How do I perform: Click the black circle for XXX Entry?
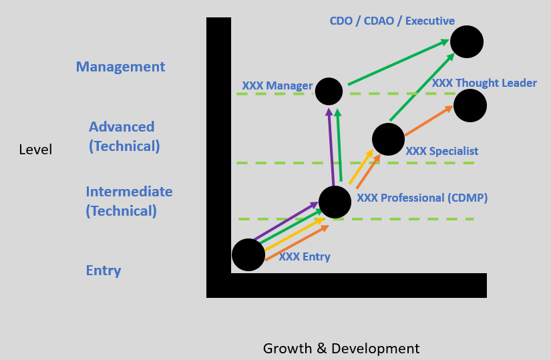click(248, 254)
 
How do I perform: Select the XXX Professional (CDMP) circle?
click(335, 202)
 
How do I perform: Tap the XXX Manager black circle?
click(329, 92)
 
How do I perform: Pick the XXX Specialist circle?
click(388, 139)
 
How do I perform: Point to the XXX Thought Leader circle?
click(470, 106)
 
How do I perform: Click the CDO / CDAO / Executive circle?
click(467, 42)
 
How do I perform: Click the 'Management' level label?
click(120, 67)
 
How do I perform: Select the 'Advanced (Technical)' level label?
click(124, 136)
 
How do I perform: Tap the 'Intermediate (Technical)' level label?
click(129, 201)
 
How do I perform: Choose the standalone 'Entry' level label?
click(104, 271)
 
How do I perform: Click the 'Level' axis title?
click(35, 150)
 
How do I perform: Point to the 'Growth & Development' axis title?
click(341, 348)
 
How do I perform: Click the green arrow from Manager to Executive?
click(397, 63)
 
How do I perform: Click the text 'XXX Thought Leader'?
click(484, 83)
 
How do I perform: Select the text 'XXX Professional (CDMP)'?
click(422, 198)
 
